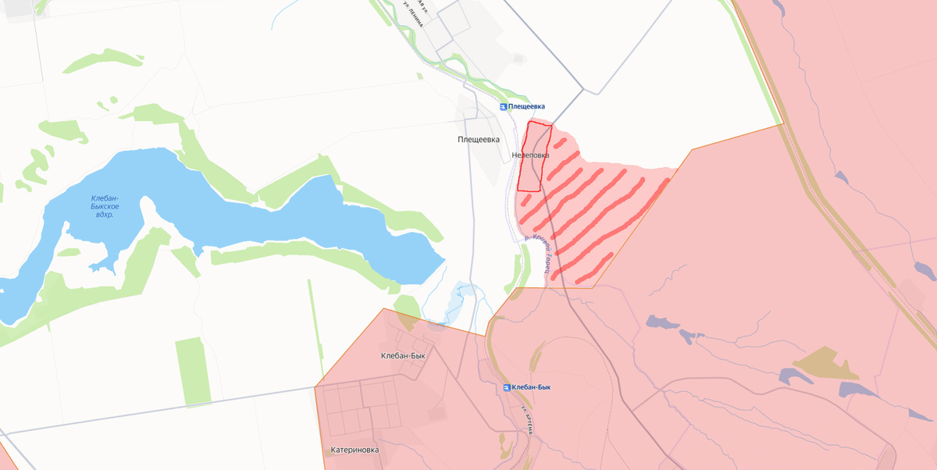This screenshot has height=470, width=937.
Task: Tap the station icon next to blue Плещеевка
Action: [x=504, y=106]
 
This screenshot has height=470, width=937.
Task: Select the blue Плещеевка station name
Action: [x=527, y=106]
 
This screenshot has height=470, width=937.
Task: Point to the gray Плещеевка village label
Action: [x=479, y=140]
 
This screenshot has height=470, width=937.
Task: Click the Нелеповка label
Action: [x=530, y=155]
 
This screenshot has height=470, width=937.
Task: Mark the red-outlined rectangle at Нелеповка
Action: [x=535, y=157]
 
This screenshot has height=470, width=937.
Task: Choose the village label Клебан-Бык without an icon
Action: [x=403, y=356]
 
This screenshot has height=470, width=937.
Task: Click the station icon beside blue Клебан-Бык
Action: [x=508, y=387]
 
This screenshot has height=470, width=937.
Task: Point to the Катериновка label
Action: [x=354, y=450]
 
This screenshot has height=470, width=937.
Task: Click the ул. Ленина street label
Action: [x=413, y=13]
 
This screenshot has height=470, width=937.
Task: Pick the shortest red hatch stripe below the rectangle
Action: [x=526, y=200]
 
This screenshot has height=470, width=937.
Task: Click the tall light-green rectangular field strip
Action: [x=192, y=372]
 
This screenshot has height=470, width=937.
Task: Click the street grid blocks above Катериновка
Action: [x=362, y=405]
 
